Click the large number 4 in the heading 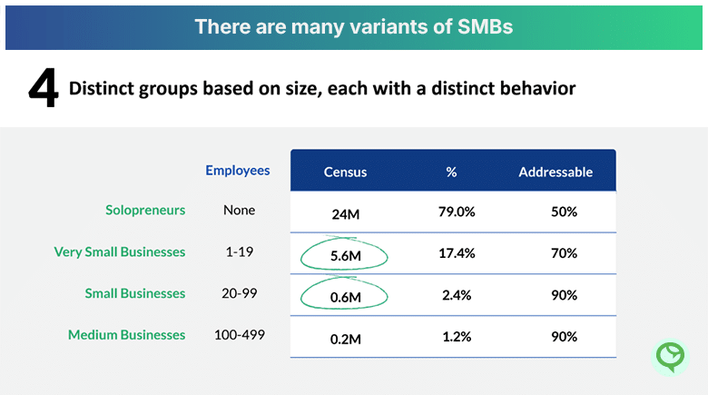click(43, 89)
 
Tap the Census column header click(345, 172)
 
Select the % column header click(451, 172)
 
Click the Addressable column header click(556, 172)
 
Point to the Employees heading click(238, 170)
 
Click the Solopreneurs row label click(145, 210)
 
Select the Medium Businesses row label click(127, 335)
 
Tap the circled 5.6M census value click(345, 256)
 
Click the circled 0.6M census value click(345, 297)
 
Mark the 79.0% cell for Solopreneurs click(457, 212)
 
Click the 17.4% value click(457, 253)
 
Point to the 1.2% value click(457, 337)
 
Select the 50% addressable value click(563, 212)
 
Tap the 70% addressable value click(563, 253)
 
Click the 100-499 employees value click(240, 335)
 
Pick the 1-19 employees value click(240, 252)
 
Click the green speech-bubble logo click(671, 356)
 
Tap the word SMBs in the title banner click(482, 26)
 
